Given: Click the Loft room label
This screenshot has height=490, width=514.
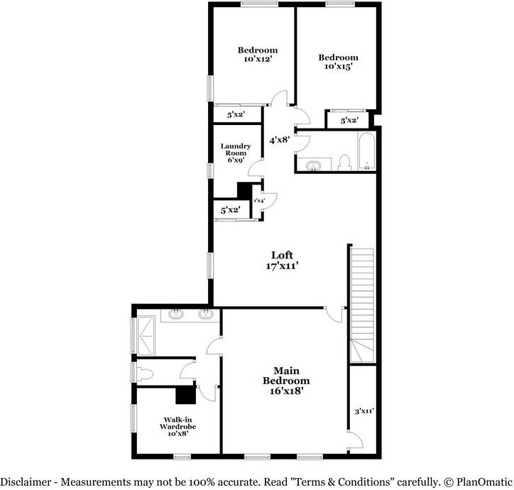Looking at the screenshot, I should [282, 255].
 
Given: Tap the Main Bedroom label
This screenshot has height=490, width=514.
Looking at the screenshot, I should [287, 371].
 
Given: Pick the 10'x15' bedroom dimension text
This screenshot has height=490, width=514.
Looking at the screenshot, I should [338, 67].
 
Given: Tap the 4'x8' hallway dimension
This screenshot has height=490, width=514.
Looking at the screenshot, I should [279, 141].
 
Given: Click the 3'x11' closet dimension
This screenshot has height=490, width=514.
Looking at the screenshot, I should [364, 411].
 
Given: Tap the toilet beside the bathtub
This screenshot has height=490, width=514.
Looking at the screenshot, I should [344, 163].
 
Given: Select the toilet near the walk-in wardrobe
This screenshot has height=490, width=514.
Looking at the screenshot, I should [146, 373].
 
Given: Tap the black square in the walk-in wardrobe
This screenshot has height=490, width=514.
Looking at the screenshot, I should [185, 395].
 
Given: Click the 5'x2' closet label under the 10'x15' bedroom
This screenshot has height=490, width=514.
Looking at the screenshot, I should [348, 121].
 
